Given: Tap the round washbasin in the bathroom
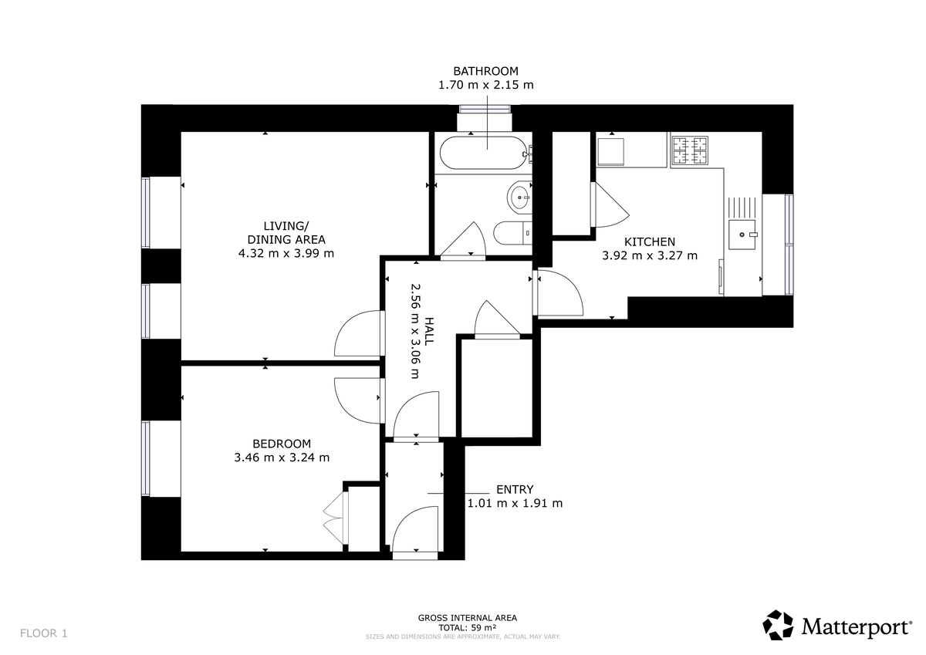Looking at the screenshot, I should click(519, 196).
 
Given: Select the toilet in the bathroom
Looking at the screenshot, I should click(512, 232).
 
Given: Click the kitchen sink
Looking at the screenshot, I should click(742, 232).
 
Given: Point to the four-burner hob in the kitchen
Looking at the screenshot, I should click(690, 150).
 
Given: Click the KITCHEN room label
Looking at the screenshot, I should click(650, 241).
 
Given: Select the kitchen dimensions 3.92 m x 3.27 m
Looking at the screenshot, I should click(650, 255).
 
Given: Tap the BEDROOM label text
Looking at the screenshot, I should click(282, 444).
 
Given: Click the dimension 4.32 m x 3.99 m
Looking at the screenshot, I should click(286, 253).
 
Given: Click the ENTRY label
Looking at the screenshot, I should click(515, 489).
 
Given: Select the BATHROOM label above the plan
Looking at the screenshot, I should click(485, 71).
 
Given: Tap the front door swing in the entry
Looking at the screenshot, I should click(414, 532).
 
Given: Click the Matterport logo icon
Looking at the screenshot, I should click(778, 625).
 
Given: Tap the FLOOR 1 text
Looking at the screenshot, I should click(44, 633).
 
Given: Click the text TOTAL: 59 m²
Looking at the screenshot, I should click(467, 627).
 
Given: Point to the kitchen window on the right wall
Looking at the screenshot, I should click(789, 244).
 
